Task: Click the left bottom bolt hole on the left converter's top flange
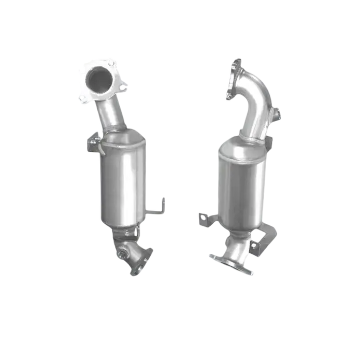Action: click(x=83, y=96)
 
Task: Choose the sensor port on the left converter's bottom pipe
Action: click(x=121, y=254)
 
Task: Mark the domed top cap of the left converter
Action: click(x=123, y=137)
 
